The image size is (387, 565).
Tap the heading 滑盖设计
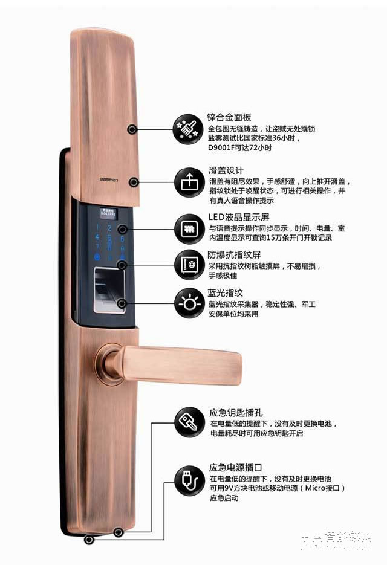[226, 170]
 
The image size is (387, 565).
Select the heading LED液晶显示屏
[237, 217]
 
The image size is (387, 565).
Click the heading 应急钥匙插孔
[235, 413]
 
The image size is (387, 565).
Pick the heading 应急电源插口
[235, 467]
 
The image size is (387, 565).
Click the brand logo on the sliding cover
[111, 179]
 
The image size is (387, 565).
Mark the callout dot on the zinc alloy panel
[131, 129]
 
